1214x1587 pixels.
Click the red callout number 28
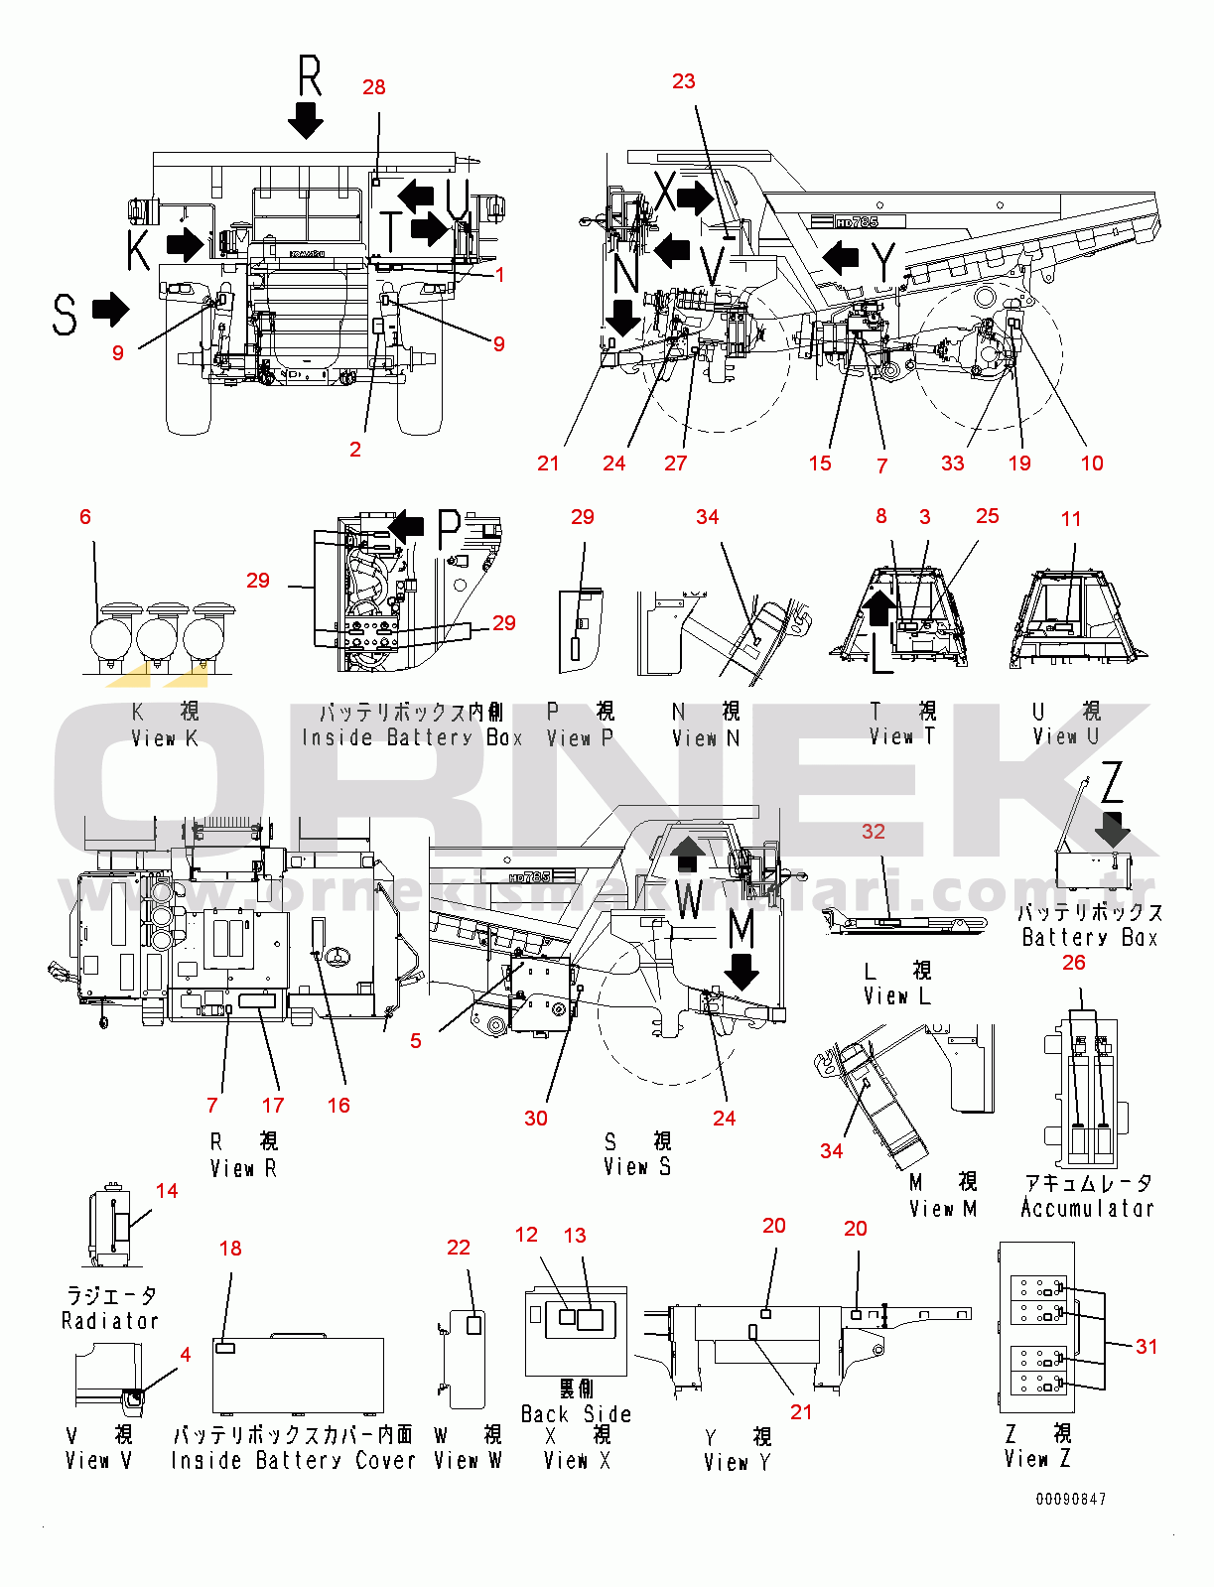[374, 87]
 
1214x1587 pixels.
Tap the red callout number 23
[684, 81]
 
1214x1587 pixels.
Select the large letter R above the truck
[310, 76]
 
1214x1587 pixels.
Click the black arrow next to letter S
[110, 309]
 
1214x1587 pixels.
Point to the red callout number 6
[85, 517]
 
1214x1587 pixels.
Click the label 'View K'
[165, 738]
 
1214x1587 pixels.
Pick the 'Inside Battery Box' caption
[412, 737]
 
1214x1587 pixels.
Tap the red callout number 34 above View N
[707, 517]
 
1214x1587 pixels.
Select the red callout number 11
[1071, 519]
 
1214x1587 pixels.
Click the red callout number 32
[874, 832]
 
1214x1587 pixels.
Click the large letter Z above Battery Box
[1113, 782]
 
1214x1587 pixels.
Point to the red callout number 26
[1074, 963]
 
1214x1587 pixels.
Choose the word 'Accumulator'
[1088, 1209]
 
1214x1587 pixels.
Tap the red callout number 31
[1147, 1347]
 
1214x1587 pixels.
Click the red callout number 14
[167, 1191]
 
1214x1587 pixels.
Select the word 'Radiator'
[110, 1321]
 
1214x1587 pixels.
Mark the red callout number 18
[230, 1249]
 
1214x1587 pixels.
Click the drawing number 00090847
[1070, 1500]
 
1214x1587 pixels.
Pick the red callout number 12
[526, 1235]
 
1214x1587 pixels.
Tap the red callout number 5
[416, 1041]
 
